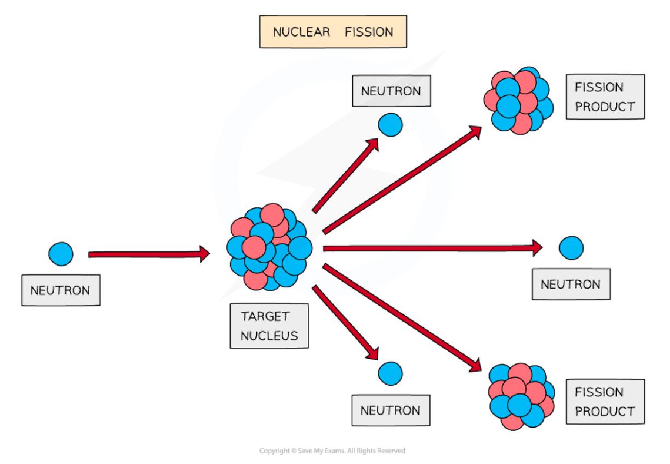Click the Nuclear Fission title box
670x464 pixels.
[x=333, y=32]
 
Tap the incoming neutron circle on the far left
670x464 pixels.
[x=60, y=253]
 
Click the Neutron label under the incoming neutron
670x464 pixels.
[x=60, y=289]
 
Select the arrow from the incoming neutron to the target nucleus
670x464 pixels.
[x=148, y=254]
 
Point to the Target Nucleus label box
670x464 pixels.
[x=267, y=326]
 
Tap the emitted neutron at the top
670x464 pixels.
[x=390, y=125]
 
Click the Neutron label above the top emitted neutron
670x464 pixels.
[x=391, y=91]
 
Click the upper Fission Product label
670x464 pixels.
[x=604, y=97]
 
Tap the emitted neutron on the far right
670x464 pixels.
[x=570, y=248]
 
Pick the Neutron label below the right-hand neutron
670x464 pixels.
[x=570, y=284]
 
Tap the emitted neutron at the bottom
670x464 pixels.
[x=390, y=373]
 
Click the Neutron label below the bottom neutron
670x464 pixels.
[x=390, y=410]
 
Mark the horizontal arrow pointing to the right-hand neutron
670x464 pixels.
[x=432, y=248]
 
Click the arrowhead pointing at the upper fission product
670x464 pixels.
[x=474, y=131]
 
